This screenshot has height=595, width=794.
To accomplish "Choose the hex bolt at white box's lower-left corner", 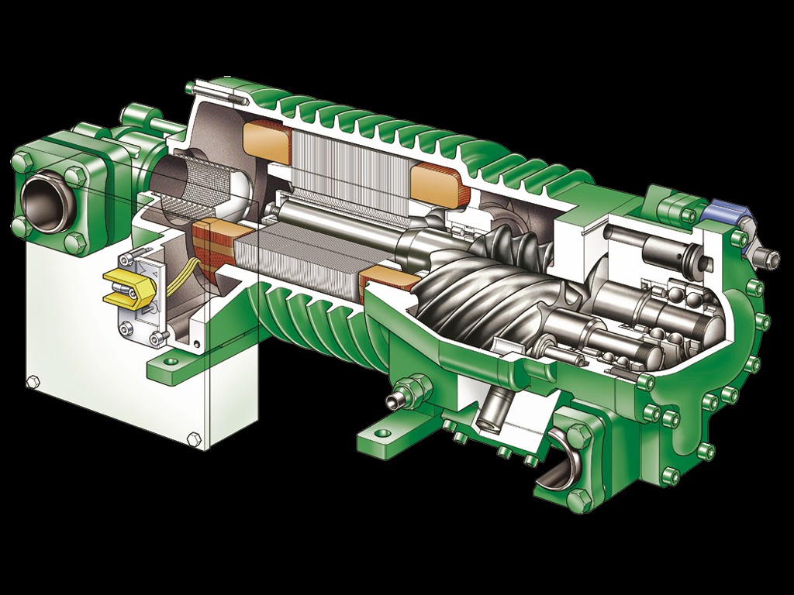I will coord(32,382).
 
